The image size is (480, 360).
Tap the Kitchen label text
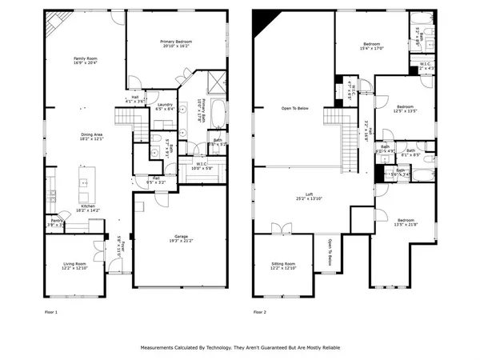click(88, 207)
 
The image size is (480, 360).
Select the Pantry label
click(57, 222)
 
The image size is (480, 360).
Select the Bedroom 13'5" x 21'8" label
click(406, 222)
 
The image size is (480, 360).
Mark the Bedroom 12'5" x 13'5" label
click(406, 108)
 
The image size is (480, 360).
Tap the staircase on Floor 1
click(128, 119)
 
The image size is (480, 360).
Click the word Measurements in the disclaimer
click(159, 348)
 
